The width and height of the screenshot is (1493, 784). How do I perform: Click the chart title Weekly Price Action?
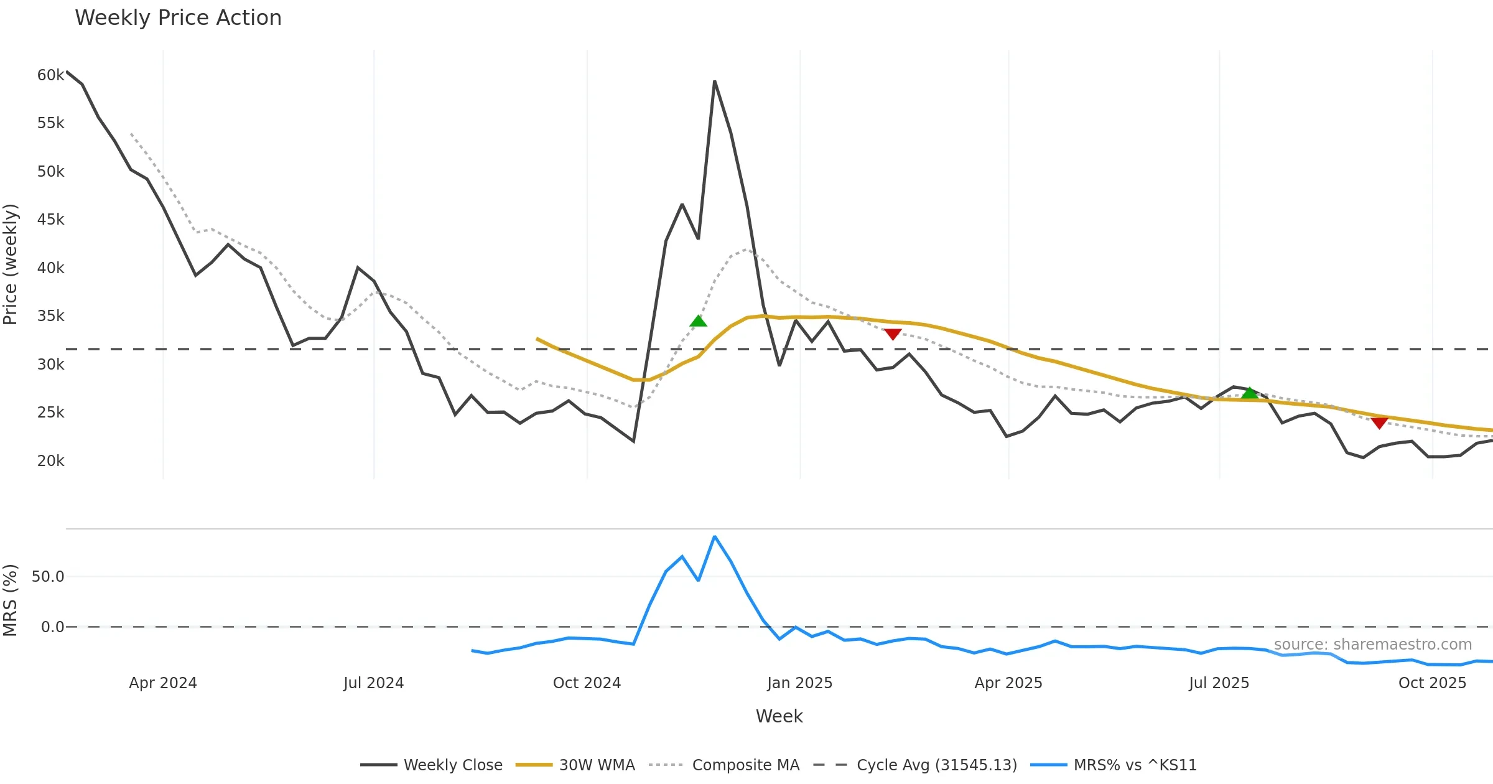tap(178, 18)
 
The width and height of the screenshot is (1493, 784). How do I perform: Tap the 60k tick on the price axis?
tap(50, 75)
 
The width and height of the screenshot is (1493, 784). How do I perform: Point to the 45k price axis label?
tap(50, 220)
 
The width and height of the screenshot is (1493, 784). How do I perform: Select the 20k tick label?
tap(50, 461)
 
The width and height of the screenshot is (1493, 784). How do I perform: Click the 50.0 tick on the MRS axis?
tap(48, 577)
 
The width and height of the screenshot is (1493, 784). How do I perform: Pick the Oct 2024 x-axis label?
tap(587, 683)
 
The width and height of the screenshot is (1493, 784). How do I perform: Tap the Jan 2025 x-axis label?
tap(799, 683)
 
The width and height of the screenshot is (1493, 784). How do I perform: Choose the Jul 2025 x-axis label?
tap(1219, 683)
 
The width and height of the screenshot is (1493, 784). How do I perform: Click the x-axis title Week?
tap(779, 716)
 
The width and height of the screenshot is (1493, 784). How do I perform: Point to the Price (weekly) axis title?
tap(11, 264)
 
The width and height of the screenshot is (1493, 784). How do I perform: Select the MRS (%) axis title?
tap(11, 600)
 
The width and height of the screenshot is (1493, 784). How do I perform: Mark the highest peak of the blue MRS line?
tap(715, 536)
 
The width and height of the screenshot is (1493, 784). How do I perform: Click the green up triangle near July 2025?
tap(1250, 393)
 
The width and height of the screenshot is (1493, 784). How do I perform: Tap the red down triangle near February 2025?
tap(893, 335)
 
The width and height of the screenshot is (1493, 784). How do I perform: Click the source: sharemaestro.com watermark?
tap(1372, 645)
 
